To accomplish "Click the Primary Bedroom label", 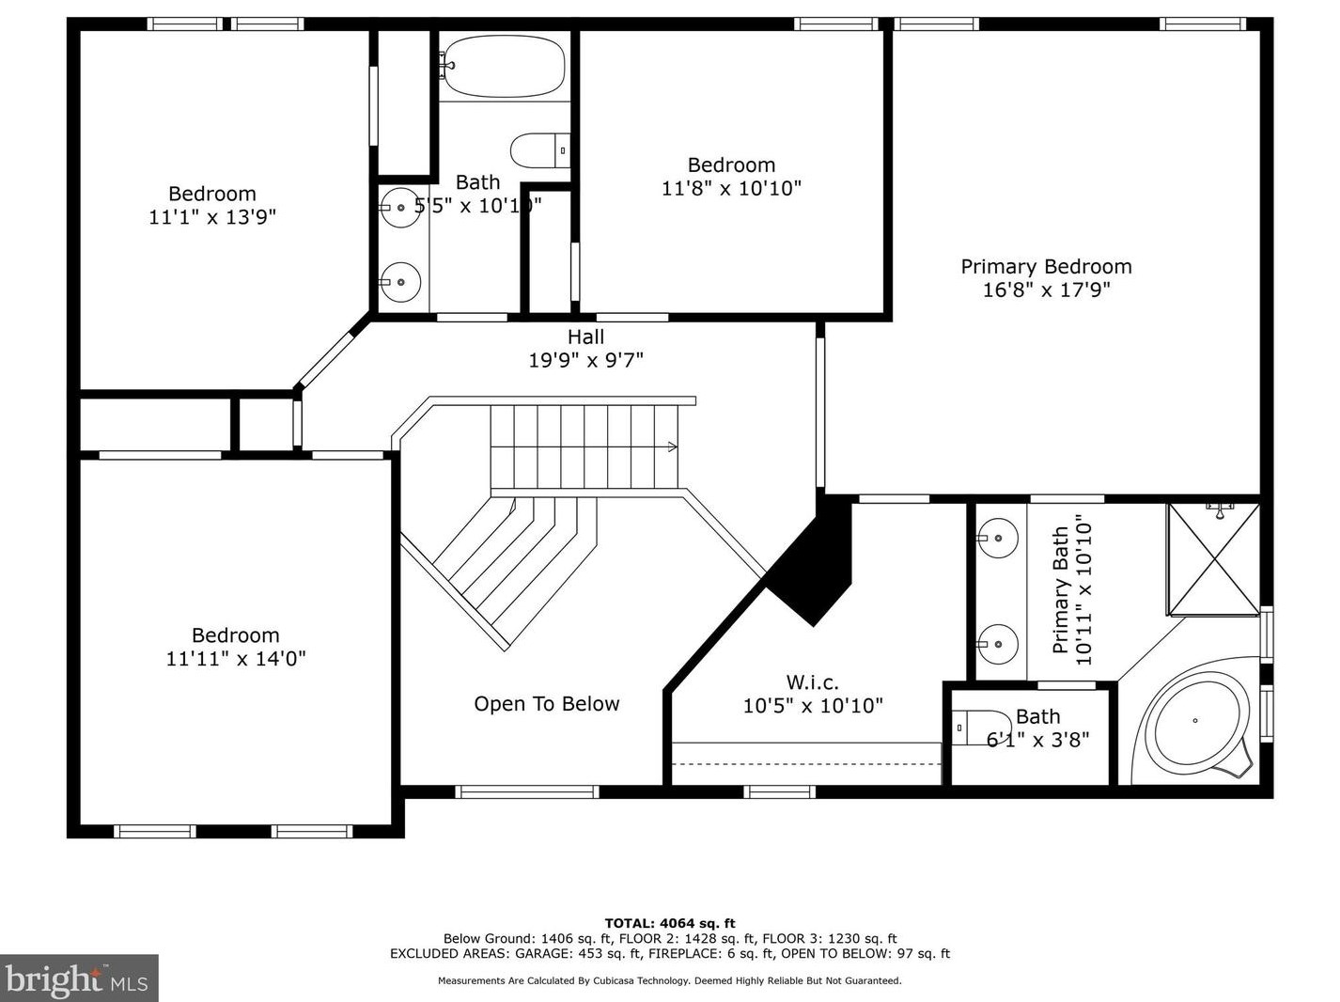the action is [1046, 267].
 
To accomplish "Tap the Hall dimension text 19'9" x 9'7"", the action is [585, 360].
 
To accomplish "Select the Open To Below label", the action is [546, 704].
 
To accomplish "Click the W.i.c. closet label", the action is [812, 681].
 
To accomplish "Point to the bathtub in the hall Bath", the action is [505, 66].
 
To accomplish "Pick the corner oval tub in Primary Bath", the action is [1193, 721].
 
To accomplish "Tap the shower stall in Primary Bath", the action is [1214, 559].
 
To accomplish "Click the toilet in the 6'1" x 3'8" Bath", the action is [979, 728].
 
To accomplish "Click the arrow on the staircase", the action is [672, 447].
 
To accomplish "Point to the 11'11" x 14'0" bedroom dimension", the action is [236, 658].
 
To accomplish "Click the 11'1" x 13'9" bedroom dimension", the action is [212, 217].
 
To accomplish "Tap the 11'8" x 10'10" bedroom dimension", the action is [731, 188].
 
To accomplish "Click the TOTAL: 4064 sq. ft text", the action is [670, 923].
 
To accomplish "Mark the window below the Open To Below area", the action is [527, 792].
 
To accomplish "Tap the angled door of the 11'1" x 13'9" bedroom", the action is [325, 359].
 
